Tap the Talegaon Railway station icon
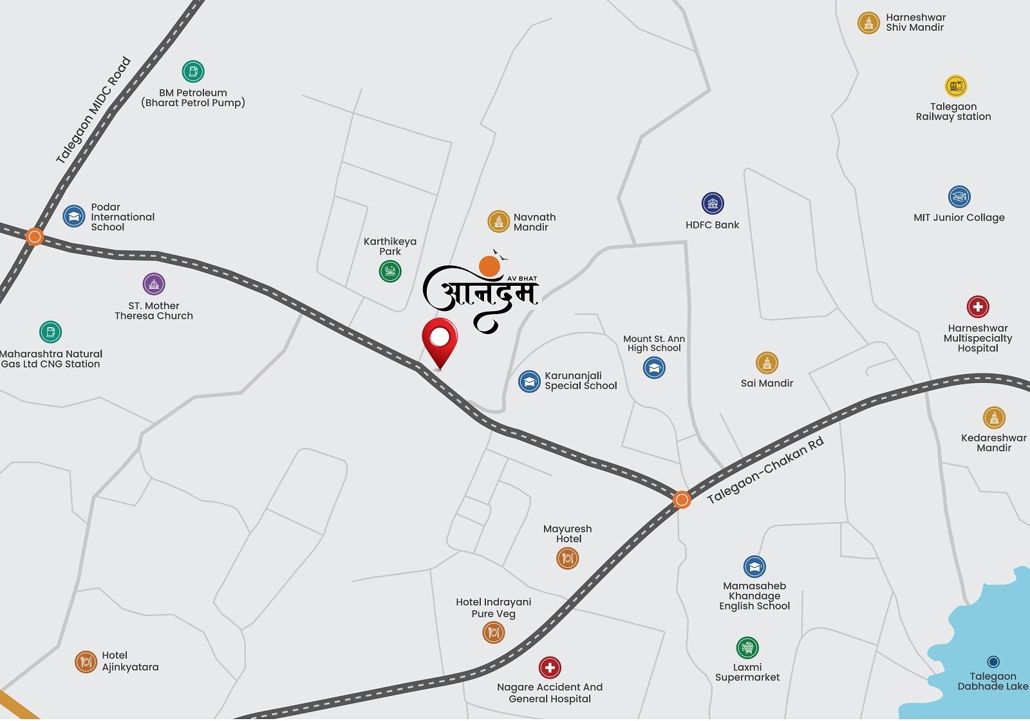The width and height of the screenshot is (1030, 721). (956, 86)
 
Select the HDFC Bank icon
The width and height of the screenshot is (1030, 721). (713, 203)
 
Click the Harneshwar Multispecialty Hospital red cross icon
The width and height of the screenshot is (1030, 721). (978, 306)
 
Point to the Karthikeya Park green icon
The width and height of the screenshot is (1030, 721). (390, 271)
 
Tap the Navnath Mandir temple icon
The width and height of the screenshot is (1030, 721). (498, 221)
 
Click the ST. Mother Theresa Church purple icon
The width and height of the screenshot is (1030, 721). (154, 284)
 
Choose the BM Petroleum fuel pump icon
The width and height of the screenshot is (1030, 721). (193, 71)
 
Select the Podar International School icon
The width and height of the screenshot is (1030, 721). (74, 216)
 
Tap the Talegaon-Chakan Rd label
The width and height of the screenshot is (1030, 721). (765, 471)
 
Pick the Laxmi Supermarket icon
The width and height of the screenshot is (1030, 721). (747, 648)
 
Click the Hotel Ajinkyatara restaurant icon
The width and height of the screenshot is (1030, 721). (86, 661)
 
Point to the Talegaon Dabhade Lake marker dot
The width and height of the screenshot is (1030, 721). (993, 662)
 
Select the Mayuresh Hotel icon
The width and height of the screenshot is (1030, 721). (568, 557)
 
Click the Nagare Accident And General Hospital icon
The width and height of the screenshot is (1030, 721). (550, 668)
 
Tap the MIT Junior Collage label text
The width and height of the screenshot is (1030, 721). (959, 218)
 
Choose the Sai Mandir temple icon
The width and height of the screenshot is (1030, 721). (767, 363)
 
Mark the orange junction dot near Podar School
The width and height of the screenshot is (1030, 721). (35, 237)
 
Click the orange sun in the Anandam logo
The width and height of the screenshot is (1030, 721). (490, 266)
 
